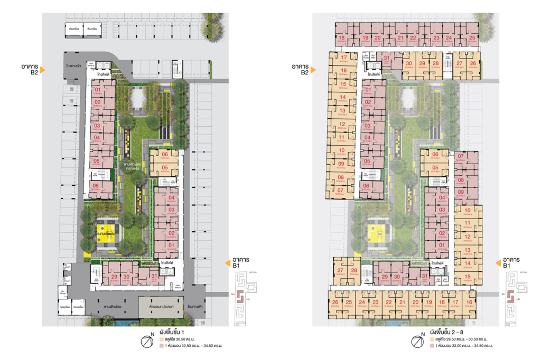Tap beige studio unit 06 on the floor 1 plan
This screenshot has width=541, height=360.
164,155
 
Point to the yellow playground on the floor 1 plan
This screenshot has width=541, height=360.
106,233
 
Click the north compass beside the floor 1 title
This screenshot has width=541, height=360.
150,340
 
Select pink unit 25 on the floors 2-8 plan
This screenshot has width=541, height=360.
472,38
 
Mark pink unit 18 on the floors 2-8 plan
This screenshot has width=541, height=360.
342,38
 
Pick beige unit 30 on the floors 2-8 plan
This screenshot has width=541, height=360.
408,64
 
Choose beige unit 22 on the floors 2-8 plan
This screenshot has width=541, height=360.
389,302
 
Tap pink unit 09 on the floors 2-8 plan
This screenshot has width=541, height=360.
460,192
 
